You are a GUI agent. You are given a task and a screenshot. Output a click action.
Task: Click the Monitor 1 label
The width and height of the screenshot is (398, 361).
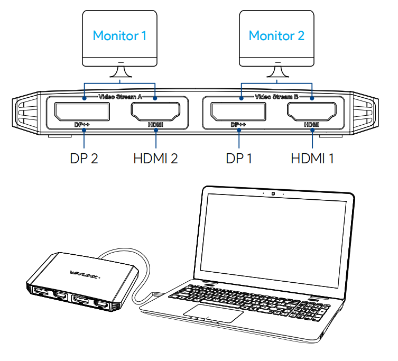[x=119, y=35]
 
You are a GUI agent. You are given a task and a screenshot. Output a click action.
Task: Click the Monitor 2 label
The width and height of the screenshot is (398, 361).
[x=276, y=35]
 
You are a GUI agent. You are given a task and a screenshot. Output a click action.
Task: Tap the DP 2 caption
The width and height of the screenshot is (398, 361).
[x=84, y=158]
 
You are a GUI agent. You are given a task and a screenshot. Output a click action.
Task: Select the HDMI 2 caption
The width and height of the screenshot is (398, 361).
[x=155, y=158]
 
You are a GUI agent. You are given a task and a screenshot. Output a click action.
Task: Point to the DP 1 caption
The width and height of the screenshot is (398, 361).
[x=239, y=158]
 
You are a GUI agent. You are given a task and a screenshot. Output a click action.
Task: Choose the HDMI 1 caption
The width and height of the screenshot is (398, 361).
[x=312, y=158]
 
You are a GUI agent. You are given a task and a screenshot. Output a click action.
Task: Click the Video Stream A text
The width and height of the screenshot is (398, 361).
[x=120, y=97]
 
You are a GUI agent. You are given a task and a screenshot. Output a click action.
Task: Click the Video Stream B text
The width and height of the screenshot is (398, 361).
[x=276, y=97]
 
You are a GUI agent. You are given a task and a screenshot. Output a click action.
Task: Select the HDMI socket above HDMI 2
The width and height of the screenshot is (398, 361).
[x=156, y=111]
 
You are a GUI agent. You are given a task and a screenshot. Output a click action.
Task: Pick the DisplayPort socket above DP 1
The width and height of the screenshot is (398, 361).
[x=238, y=111]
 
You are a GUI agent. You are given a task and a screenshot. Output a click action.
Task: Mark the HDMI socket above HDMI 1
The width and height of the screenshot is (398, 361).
[x=312, y=111]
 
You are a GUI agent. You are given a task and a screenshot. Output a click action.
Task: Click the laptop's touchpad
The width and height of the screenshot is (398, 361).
[x=214, y=312]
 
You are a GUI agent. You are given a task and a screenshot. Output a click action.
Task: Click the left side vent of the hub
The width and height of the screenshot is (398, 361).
[x=25, y=113]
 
